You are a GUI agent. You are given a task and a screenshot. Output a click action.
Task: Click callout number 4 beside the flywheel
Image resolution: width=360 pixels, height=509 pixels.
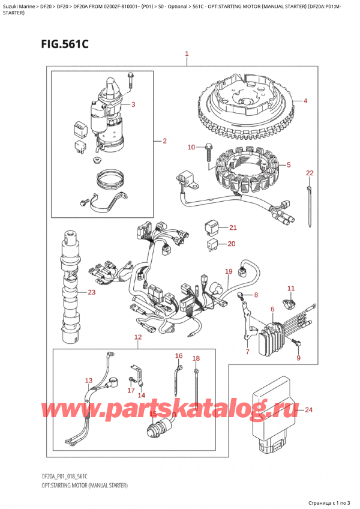[305, 100]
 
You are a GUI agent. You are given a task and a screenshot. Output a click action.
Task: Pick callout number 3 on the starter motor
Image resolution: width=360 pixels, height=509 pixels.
[133, 105]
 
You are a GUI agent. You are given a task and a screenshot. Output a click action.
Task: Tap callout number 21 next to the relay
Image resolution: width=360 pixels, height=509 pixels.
[233, 227]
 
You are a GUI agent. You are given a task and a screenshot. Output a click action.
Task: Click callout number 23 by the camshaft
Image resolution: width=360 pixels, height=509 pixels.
[91, 293]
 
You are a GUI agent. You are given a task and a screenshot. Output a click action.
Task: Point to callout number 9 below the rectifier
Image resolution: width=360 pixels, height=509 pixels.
[298, 358]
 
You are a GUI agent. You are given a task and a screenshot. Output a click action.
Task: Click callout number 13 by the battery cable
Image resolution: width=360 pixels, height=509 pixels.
[89, 381]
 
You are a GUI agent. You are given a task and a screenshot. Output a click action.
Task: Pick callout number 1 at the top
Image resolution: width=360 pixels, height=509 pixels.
[187, 54]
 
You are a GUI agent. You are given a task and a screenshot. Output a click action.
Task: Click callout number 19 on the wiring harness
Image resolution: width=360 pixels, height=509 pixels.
[228, 271]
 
